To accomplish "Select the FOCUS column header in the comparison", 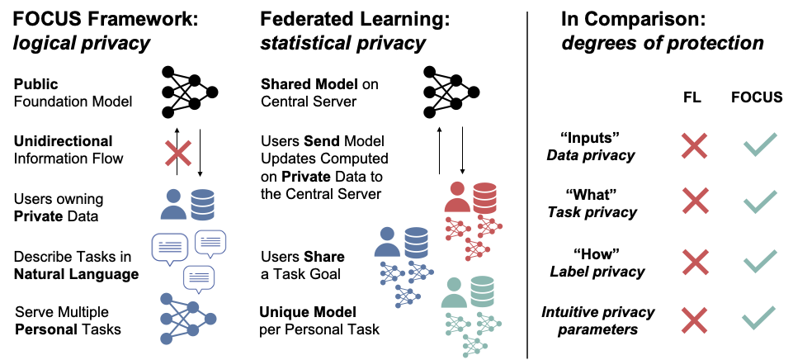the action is coord(758,97).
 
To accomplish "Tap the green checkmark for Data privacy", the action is coord(758,146).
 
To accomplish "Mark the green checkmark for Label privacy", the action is coord(758,261).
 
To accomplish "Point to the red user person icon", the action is coord(457,197).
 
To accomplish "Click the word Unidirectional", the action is coord(63,141).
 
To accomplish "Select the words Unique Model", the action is coord(308,311).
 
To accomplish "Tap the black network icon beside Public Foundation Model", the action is coord(189,89).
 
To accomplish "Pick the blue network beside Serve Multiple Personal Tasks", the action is coord(189,319).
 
